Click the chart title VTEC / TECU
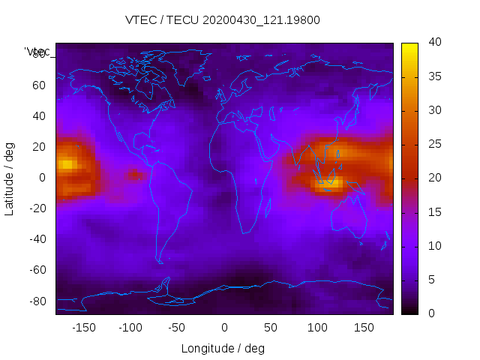[x=223, y=20]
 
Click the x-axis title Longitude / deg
[x=223, y=348]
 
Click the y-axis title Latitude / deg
[x=10, y=178]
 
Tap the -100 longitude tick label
[x=130, y=328]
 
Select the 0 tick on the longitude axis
[x=224, y=328]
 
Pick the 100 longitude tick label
[x=317, y=328]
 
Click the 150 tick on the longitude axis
[x=364, y=328]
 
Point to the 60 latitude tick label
[x=38, y=85]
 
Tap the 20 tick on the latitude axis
[x=38, y=146]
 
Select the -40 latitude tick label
[x=35, y=239]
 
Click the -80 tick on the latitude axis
[x=35, y=301]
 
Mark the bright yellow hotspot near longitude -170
[x=66, y=163]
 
